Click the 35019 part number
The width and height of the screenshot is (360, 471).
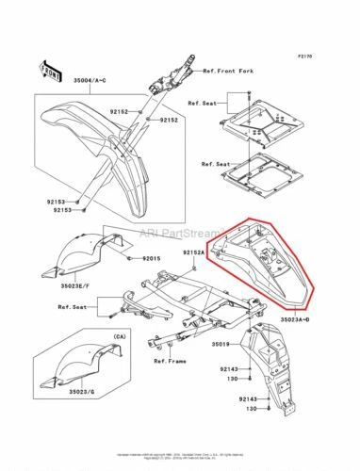pos(223,331)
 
